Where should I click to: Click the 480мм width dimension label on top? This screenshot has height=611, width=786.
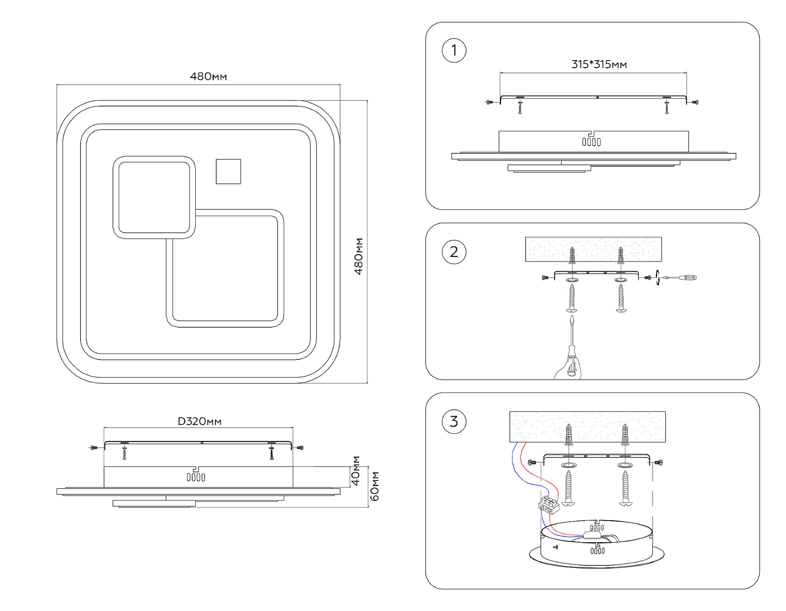[208, 77]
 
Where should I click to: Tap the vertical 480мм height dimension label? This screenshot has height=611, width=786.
[359, 256]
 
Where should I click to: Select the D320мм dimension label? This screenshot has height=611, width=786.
[199, 421]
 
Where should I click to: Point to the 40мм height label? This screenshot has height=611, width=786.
[356, 471]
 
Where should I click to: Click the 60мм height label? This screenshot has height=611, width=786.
[375, 486]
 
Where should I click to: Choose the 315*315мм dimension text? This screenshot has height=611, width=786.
[599, 64]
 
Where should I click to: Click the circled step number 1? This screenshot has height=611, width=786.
[454, 51]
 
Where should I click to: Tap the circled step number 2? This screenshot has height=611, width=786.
[454, 252]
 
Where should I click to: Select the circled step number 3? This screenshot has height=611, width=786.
[454, 422]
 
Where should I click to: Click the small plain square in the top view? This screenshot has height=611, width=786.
[228, 171]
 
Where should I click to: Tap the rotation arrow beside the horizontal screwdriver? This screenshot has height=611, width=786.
[657, 277]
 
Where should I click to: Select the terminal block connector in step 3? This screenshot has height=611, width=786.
[549, 505]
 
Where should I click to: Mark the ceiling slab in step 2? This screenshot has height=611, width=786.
[593, 249]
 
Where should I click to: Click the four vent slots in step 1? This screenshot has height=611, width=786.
[592, 142]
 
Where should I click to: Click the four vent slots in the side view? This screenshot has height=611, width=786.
[196, 477]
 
